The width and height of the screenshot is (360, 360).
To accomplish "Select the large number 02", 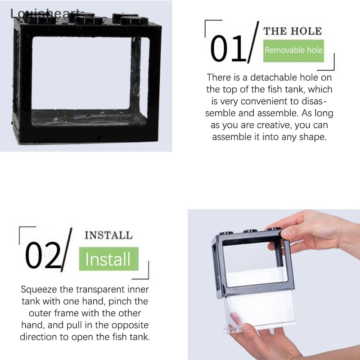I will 43,255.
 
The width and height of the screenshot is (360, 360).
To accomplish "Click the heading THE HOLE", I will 292,31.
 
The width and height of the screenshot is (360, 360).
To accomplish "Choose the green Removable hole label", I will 293,50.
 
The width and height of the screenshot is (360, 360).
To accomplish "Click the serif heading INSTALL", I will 108,235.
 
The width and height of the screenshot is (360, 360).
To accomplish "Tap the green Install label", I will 108,260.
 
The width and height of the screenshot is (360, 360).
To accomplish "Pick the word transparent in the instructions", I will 95,289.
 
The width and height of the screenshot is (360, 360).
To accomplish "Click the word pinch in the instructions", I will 118,301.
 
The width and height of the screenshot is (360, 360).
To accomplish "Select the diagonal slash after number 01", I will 253,43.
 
